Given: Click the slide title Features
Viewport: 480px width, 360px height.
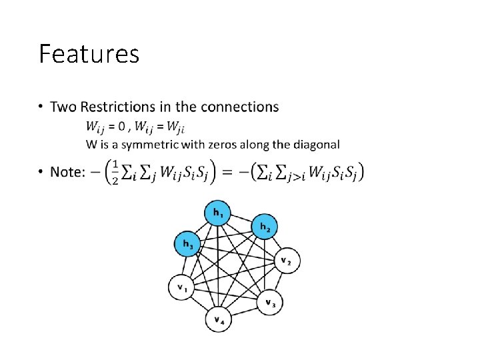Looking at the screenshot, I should coord(89,53).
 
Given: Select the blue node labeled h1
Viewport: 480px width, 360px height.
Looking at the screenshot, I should coord(218,213).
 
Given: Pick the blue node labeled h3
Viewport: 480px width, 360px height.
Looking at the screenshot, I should coord(187,244).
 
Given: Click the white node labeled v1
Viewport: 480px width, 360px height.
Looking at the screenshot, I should coord(181,288).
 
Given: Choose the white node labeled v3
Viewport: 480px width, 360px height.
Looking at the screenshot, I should coord(270,303).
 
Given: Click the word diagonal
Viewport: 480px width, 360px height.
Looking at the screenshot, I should coord(317,144).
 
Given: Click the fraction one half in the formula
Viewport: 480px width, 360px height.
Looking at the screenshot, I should coord(116,172).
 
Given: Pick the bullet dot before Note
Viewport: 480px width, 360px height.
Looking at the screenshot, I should coord(41,173).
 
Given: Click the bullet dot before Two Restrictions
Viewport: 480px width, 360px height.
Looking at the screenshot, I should coord(41,107).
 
